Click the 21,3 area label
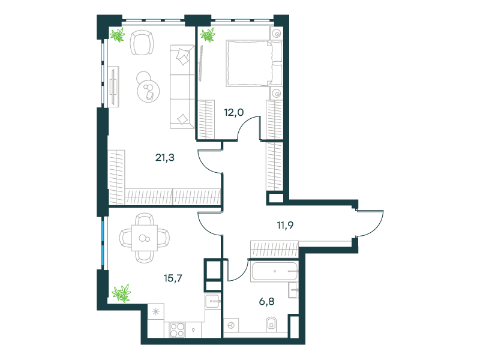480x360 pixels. point(165,158)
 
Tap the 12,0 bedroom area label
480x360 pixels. point(234,112)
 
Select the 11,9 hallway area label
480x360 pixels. point(285,226)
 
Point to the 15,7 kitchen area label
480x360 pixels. point(173,278)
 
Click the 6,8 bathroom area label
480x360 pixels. point(266,302)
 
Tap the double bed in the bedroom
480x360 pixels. point(254,64)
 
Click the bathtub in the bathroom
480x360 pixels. point(274,271)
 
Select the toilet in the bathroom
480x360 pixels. point(271,324)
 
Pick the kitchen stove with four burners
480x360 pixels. point(177,329)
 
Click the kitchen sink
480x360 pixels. point(212,301)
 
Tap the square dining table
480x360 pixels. point(145,238)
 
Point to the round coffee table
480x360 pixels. point(148,91)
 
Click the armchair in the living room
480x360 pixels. point(142,42)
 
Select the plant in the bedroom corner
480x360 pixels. point(208,35)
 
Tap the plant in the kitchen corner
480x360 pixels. point(122,293)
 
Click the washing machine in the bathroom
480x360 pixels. point(232,325)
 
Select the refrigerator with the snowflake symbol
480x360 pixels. point(156,311)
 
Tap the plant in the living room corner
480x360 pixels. point(118,35)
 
